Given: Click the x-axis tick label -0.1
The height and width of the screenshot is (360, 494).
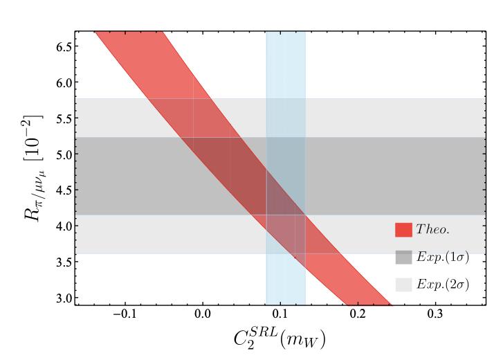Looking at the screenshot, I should click(123, 314).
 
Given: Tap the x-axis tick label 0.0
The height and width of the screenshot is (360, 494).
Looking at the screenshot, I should click(203, 314).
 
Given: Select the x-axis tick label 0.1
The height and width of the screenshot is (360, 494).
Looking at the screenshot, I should click(280, 314).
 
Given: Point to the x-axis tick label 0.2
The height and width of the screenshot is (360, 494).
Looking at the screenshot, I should click(358, 314).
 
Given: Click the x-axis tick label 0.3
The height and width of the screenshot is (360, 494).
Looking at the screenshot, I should click(435, 314).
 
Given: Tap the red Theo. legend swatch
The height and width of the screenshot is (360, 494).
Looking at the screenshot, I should click(403, 228).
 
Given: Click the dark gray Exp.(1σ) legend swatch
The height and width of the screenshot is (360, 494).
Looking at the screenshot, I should click(403, 256).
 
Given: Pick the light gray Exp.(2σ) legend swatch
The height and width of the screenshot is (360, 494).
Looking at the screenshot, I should click(403, 284).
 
